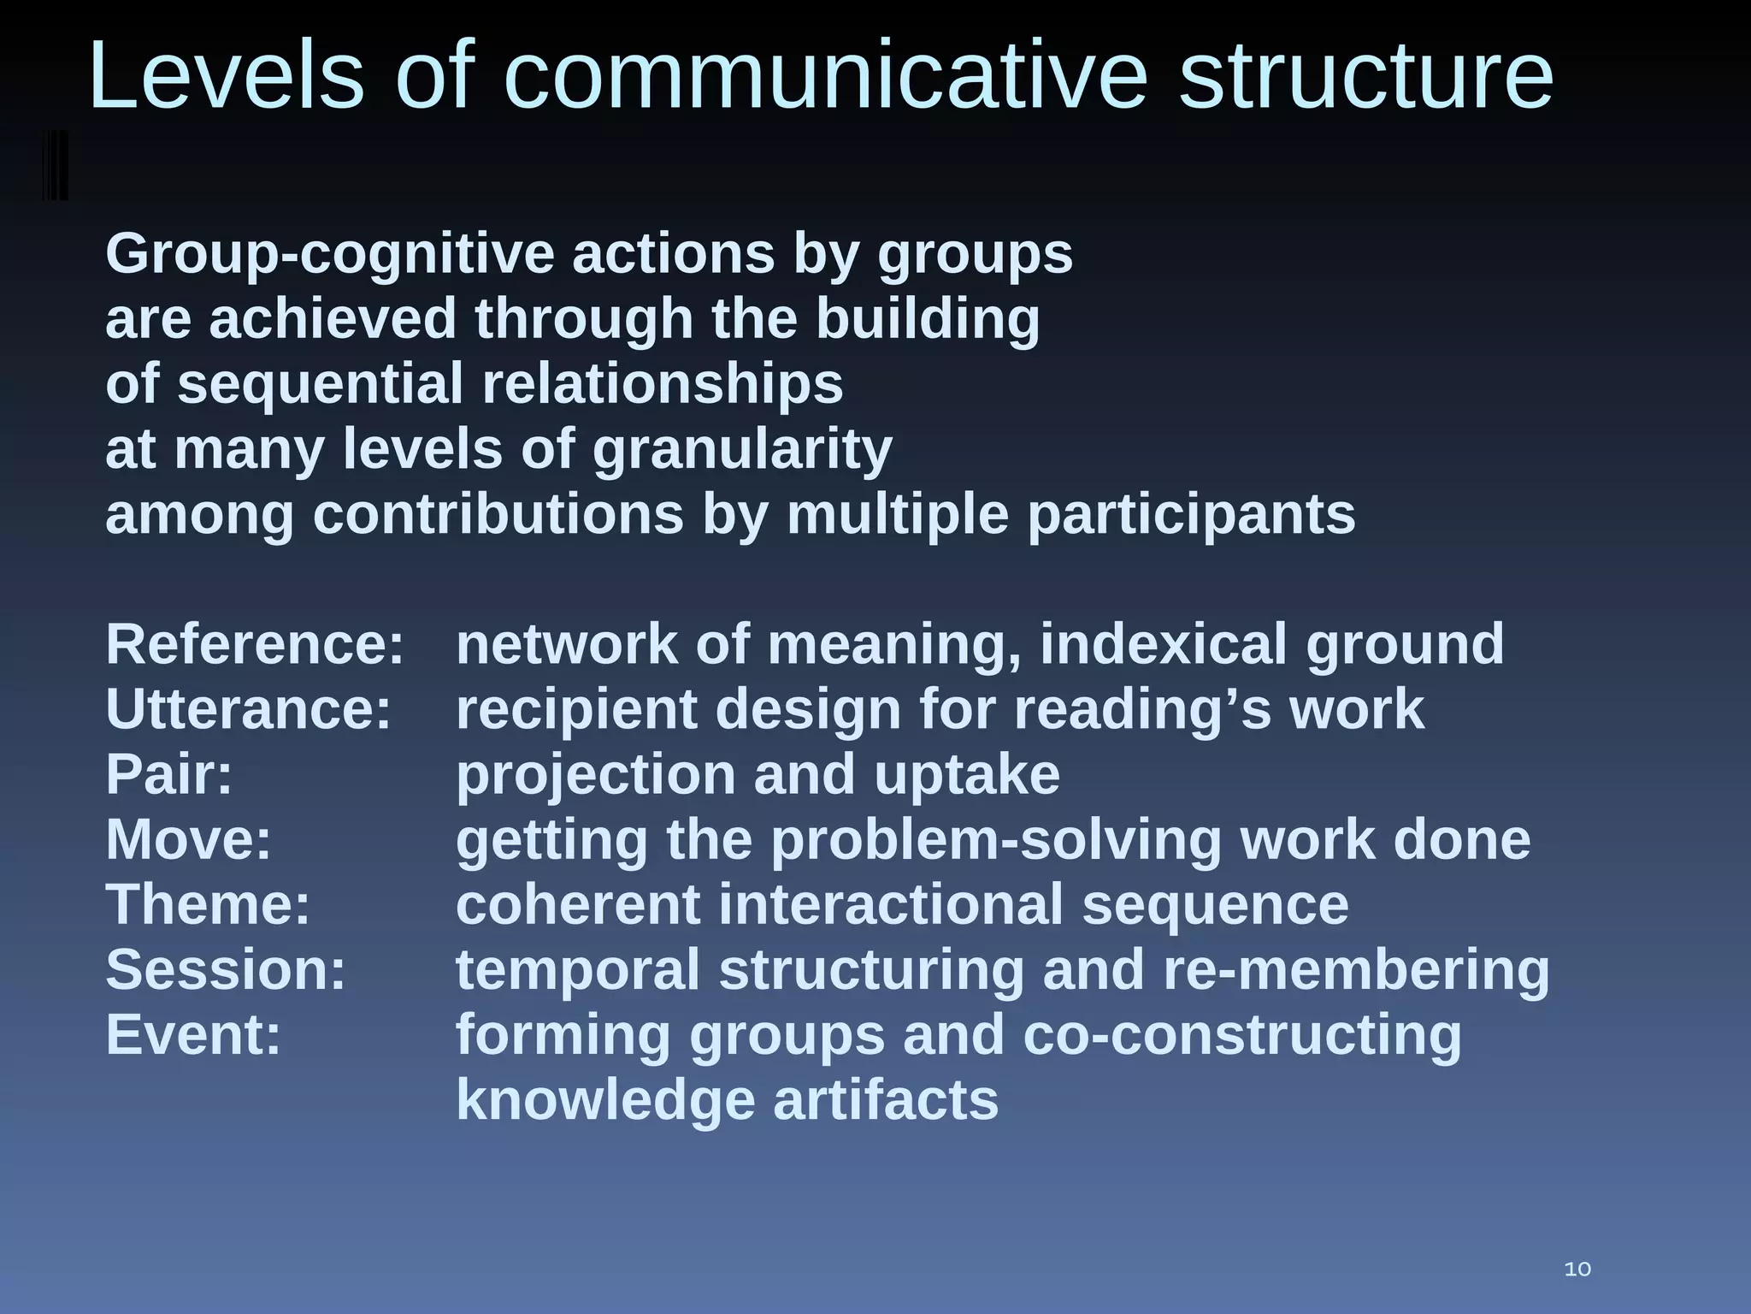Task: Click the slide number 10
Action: (x=1577, y=1269)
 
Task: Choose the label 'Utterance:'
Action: (x=248, y=709)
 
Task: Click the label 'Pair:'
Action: (x=169, y=774)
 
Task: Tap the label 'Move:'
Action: (x=188, y=839)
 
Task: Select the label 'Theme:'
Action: (x=208, y=904)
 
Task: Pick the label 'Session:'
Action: (x=226, y=969)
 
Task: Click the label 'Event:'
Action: (x=193, y=1034)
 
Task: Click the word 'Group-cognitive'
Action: (x=330, y=254)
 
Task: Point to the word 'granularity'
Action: (x=742, y=449)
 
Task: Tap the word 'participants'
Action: (x=1191, y=514)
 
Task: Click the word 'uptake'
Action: (x=967, y=774)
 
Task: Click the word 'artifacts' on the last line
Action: (x=886, y=1100)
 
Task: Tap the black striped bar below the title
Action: (x=55, y=165)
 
